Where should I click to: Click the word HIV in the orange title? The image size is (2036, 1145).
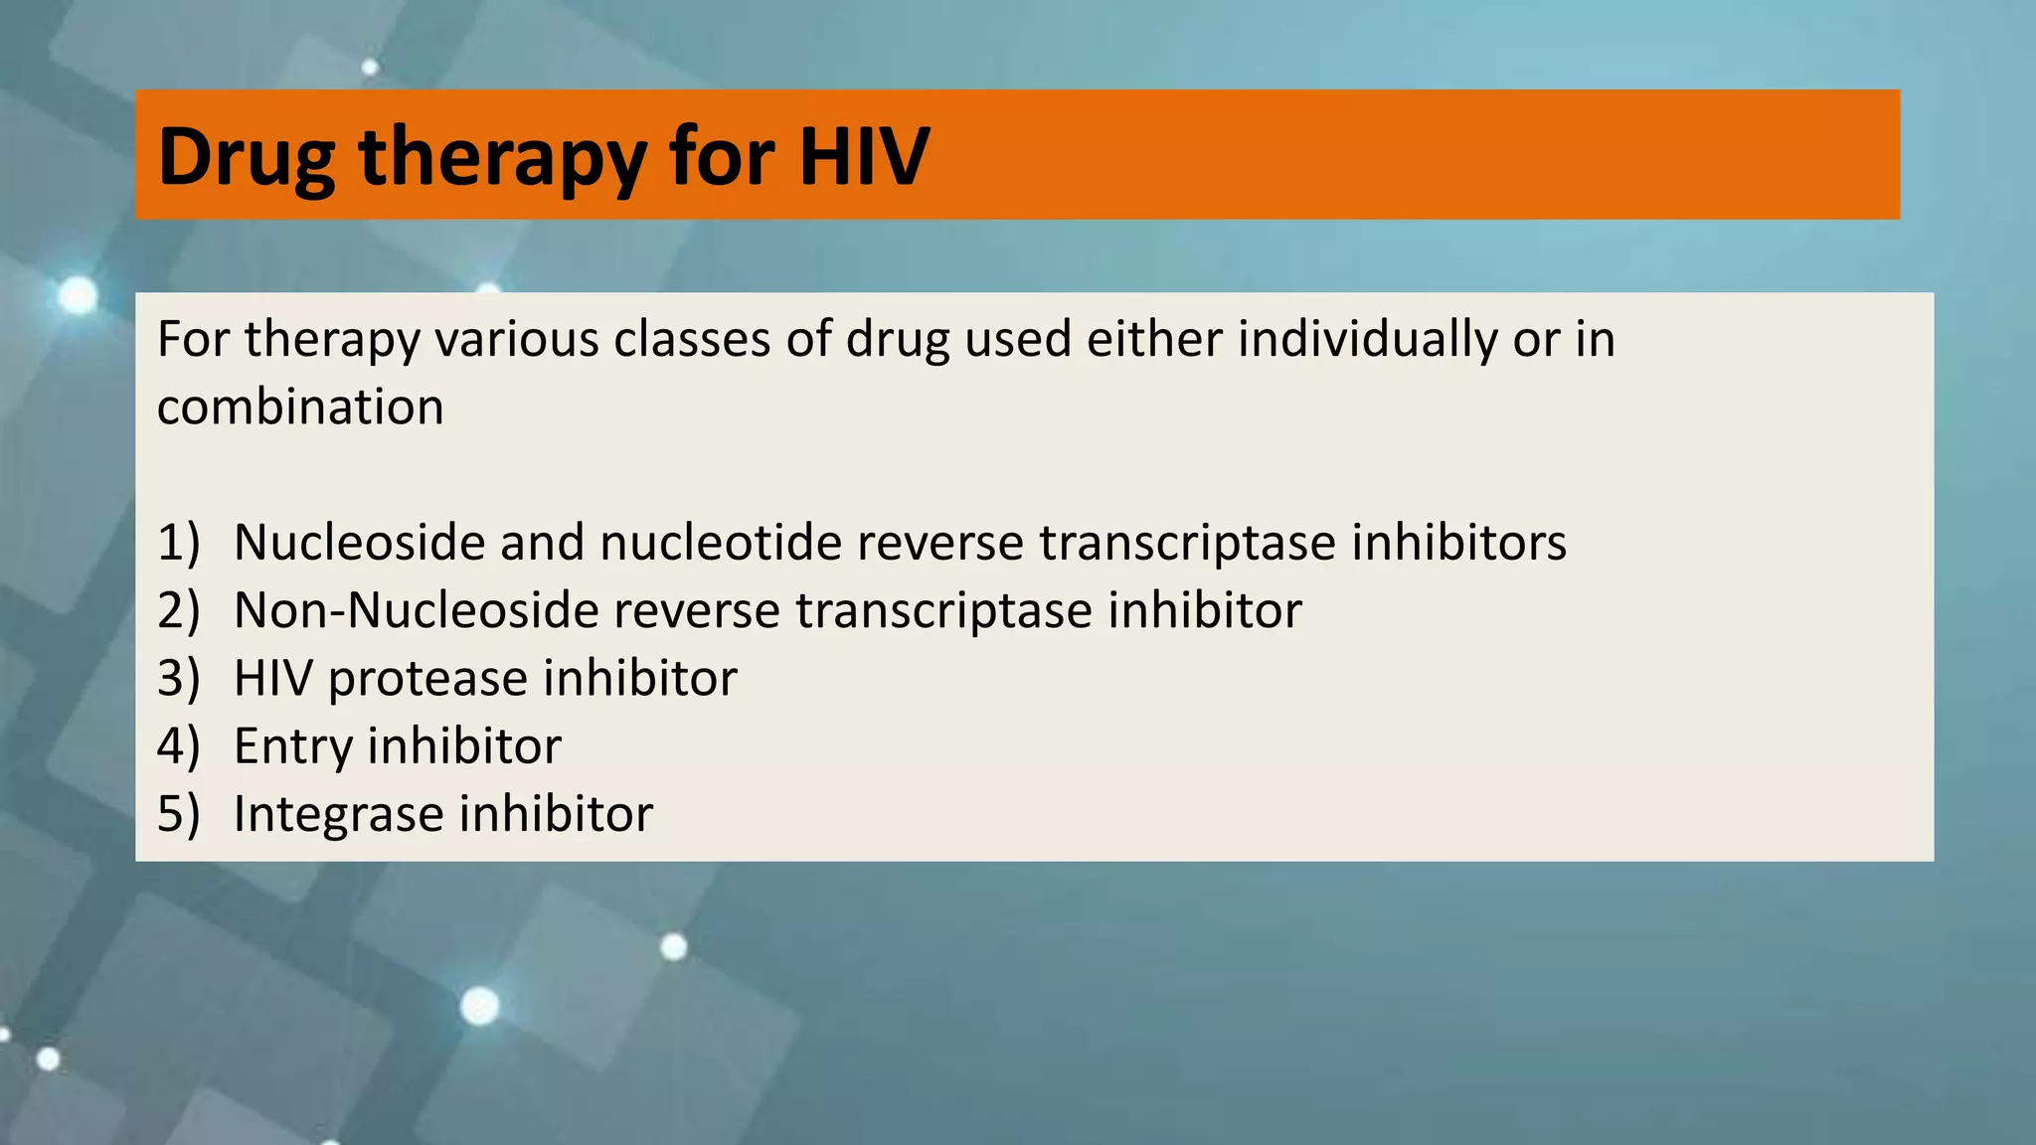pos(863,156)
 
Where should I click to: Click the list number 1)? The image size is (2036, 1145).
pos(179,543)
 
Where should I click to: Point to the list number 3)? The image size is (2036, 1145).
pos(179,679)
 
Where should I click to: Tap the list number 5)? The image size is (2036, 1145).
pos(179,814)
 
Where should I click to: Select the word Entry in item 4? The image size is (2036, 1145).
pos(292,747)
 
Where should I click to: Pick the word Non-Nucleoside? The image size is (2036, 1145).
pos(415,610)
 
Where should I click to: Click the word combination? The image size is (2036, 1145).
pos(300,408)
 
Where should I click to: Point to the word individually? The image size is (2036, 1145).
pos(1366,340)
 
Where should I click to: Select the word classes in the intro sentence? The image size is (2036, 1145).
pos(691,340)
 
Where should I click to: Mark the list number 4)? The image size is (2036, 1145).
pos(179,746)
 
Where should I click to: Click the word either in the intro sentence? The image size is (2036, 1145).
pos(1154,340)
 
